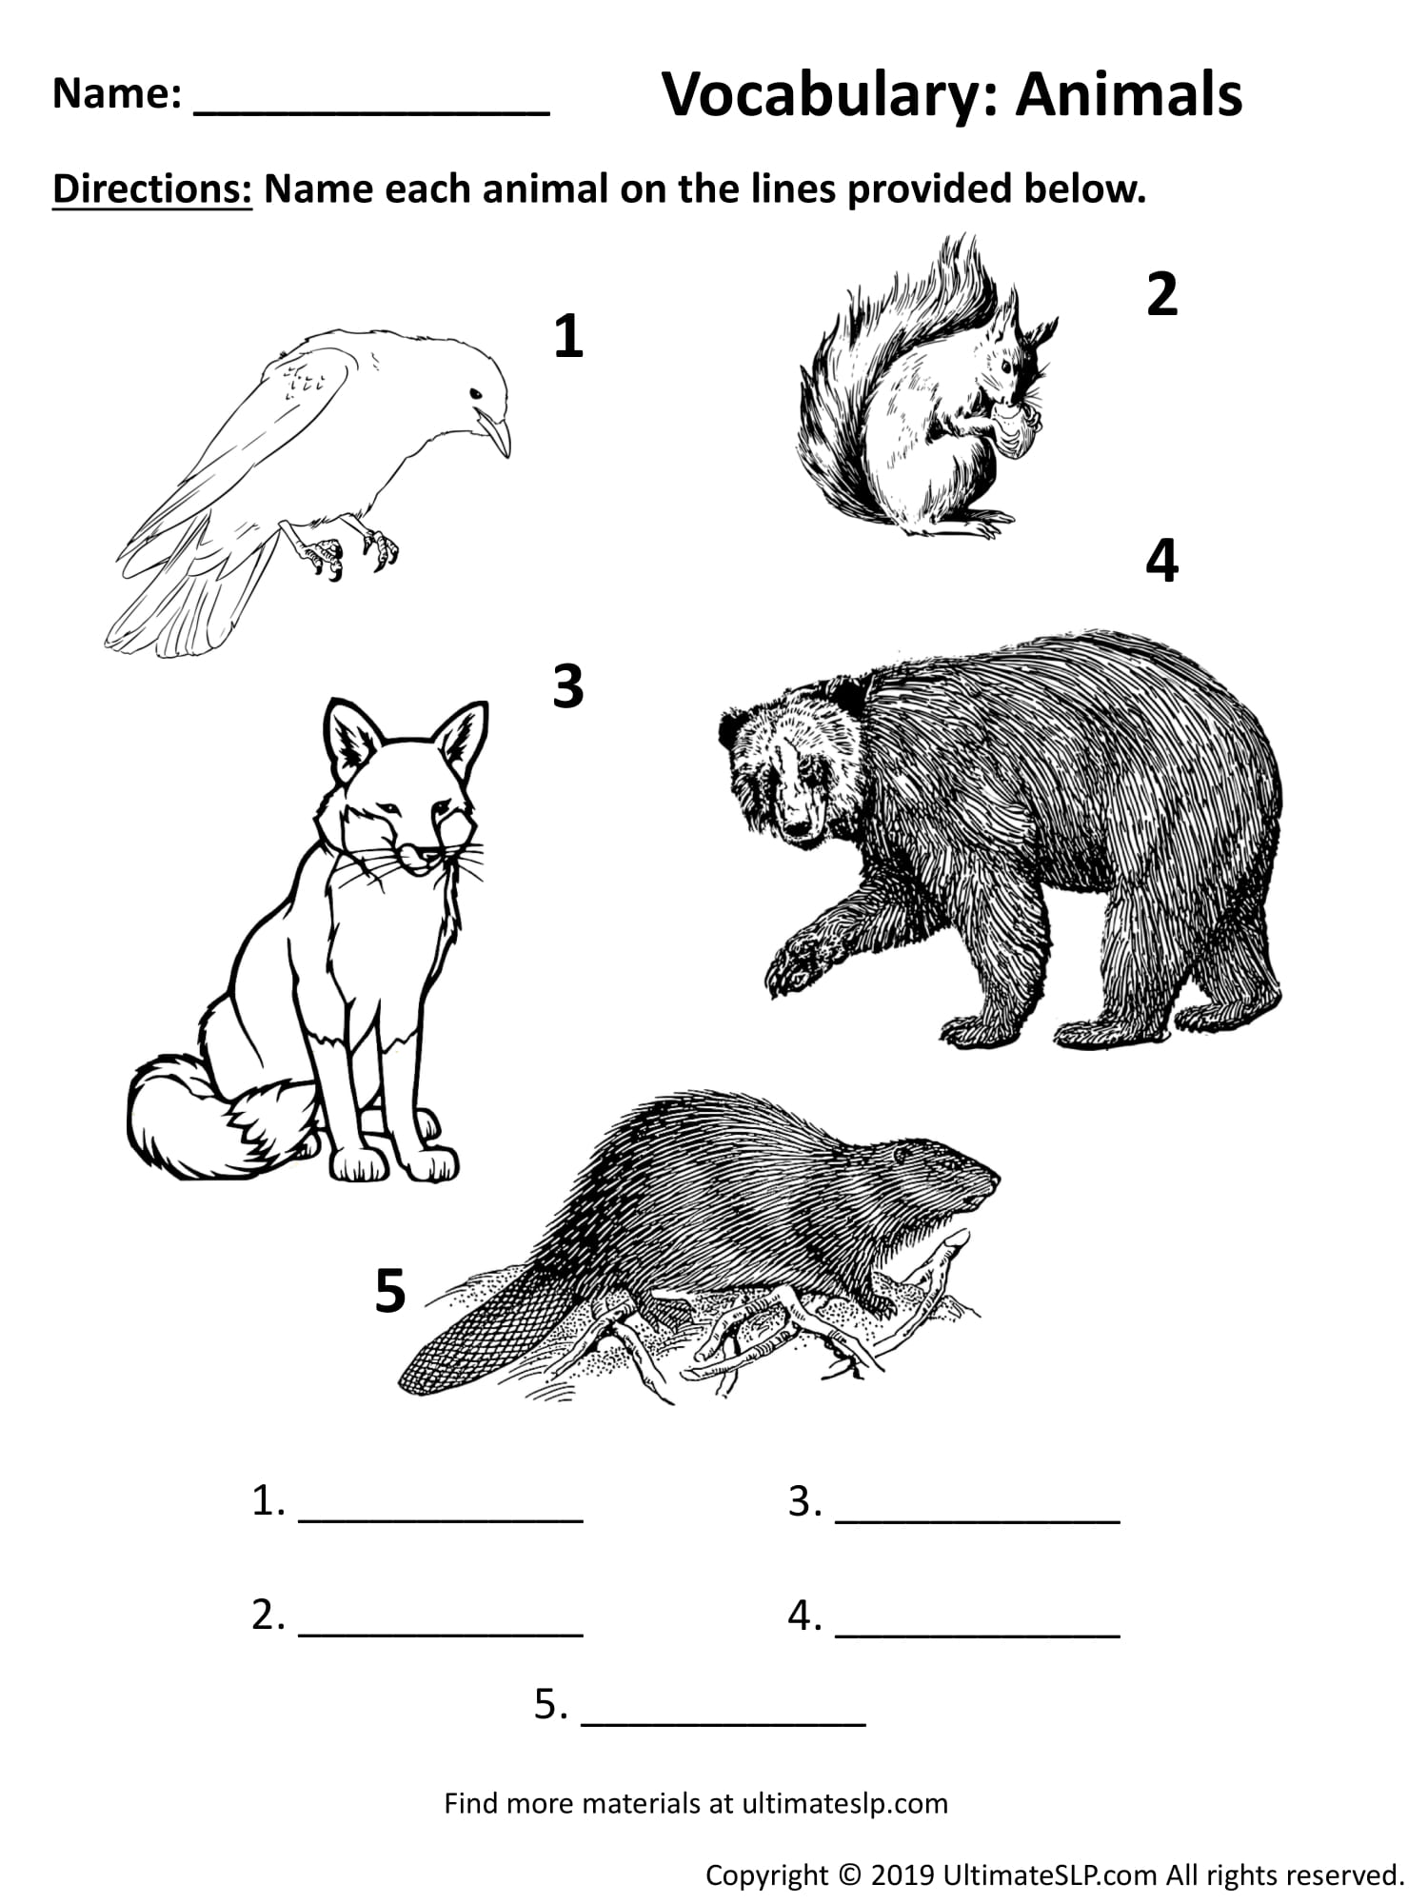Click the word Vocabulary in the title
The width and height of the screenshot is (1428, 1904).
(828, 95)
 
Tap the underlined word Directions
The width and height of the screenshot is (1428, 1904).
(152, 189)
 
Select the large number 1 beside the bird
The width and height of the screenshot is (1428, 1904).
(568, 337)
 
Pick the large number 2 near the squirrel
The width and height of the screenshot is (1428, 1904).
(1162, 295)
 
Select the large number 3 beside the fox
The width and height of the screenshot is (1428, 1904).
(568, 686)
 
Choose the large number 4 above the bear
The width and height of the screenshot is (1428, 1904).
(1162, 562)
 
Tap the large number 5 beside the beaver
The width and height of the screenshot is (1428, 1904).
(390, 1292)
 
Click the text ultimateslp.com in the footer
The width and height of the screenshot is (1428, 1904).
(844, 1803)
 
